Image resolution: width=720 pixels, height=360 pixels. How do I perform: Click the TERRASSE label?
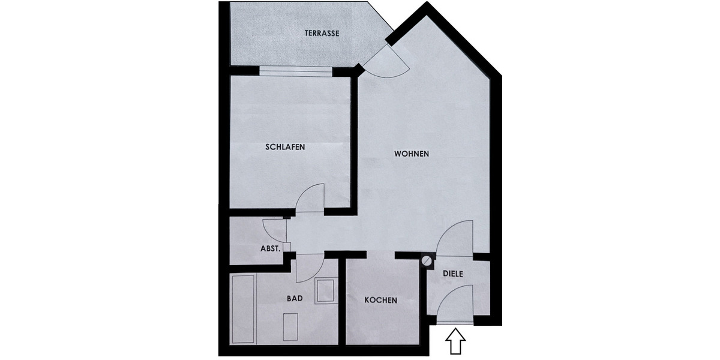(322, 34)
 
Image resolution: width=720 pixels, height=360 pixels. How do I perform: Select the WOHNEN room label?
(411, 154)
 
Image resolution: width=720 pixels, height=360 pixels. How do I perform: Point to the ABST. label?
(270, 248)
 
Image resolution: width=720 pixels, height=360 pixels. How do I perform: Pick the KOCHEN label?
(380, 300)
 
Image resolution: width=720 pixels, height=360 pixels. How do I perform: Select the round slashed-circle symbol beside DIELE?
(427, 260)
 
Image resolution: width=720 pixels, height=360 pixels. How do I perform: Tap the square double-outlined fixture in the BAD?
(325, 290)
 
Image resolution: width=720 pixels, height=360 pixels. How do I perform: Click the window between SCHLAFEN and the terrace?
(295, 71)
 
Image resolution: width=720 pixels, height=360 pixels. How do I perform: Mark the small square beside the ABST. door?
(287, 247)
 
